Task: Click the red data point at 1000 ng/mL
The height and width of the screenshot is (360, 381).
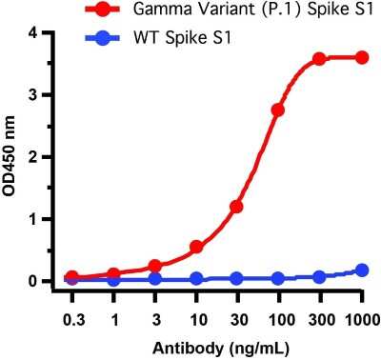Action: pos(361,57)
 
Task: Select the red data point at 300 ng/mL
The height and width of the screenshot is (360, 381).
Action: pos(319,58)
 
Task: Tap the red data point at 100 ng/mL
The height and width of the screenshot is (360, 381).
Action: pos(278,110)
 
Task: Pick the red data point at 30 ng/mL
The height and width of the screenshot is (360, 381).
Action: pos(236,206)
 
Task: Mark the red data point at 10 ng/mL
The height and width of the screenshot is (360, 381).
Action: pos(196,247)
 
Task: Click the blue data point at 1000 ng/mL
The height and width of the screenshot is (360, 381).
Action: pos(361,270)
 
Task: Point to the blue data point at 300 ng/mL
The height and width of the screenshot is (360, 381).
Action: pos(319,277)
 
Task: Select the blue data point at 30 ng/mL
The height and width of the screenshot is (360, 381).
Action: pos(236,279)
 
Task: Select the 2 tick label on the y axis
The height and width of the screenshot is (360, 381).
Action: pos(32,156)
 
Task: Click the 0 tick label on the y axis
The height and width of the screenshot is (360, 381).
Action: pos(32,281)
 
